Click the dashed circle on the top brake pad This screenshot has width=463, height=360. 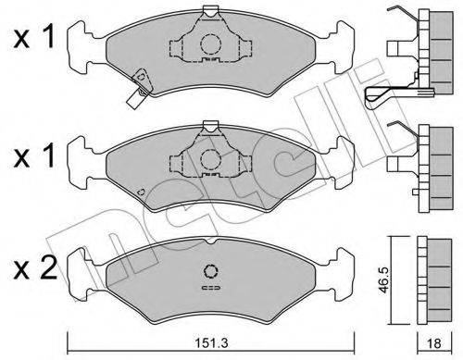(210, 43)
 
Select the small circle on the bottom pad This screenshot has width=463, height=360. (210, 272)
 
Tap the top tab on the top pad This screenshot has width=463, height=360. (210, 11)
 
